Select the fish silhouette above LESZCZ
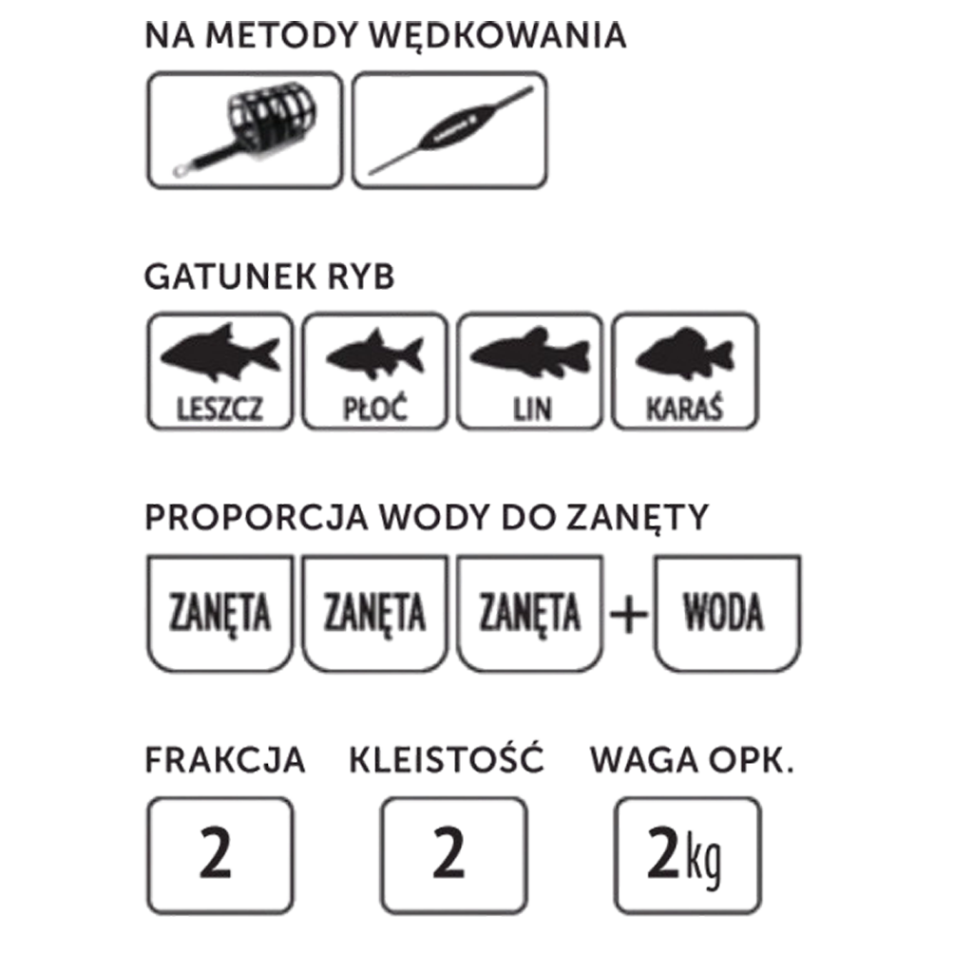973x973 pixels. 220,351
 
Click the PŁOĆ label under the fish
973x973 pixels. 374,409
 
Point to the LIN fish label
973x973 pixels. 531,409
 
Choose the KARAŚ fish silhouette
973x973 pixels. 684,353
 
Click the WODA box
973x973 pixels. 727,613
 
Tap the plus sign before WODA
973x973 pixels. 629,614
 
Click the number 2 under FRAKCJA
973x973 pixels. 216,855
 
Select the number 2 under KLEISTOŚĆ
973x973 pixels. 448,855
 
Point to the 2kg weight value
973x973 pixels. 683,856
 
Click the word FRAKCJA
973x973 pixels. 224,759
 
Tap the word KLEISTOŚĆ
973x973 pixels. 447,757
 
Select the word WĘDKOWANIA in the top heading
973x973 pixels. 498,35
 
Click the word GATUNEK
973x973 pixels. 230,277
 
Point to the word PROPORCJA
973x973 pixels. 257,517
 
